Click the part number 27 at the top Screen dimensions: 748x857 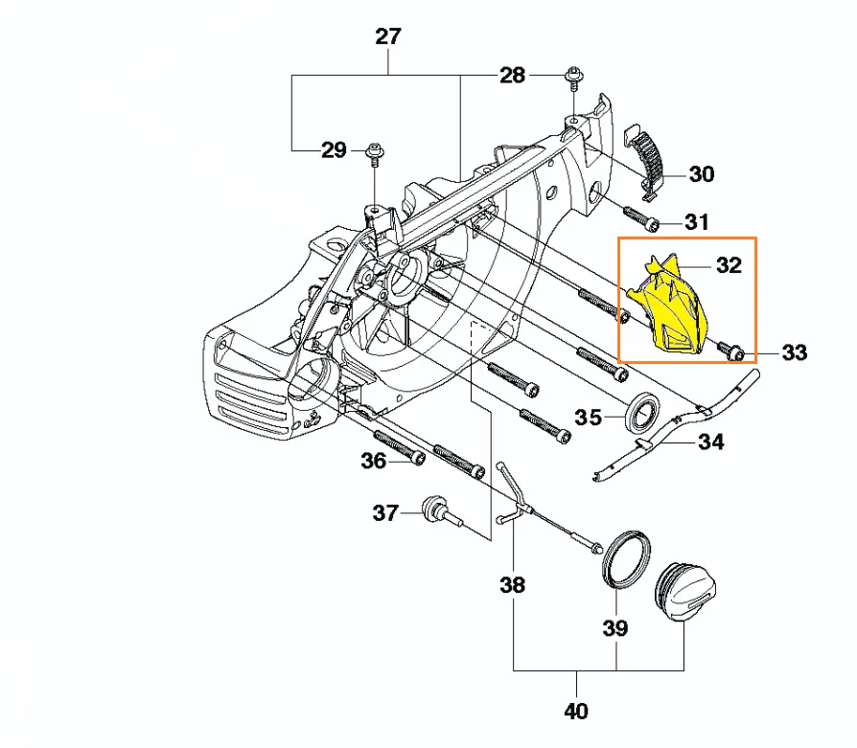[x=388, y=37]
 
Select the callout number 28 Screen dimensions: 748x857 [x=513, y=75]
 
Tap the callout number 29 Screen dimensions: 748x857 [x=333, y=150]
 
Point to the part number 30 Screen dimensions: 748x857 [x=702, y=174]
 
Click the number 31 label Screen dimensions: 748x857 [x=697, y=222]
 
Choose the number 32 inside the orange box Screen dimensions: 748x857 [x=730, y=265]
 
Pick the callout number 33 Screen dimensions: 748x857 [x=795, y=352]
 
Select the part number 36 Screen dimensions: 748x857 [x=373, y=462]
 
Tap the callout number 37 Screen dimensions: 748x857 [x=385, y=513]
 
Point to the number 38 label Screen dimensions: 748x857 [x=513, y=583]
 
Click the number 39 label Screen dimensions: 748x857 [x=614, y=628]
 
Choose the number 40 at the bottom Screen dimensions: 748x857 [x=576, y=711]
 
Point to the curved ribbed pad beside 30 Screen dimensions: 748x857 [x=651, y=157]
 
